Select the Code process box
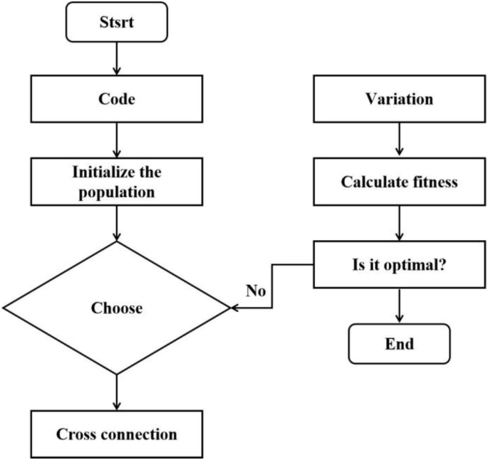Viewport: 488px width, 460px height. [x=115, y=100]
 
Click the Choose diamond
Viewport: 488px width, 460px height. [x=116, y=309]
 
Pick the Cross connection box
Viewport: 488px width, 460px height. [x=115, y=434]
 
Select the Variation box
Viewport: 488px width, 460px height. [x=400, y=100]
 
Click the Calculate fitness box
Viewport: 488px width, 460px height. [x=400, y=183]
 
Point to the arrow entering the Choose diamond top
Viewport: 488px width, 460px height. [x=115, y=225]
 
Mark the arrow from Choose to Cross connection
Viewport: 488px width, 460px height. [x=115, y=392]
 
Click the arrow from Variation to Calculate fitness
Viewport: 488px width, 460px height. [x=400, y=140]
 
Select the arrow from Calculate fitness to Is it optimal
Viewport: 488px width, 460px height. [x=400, y=223]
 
